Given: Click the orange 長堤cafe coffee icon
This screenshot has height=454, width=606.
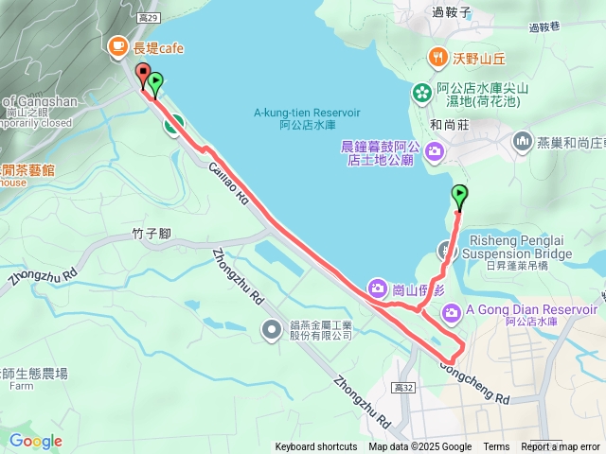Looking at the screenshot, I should tap(118, 45).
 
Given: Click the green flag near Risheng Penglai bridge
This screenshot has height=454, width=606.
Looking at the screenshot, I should tap(459, 196).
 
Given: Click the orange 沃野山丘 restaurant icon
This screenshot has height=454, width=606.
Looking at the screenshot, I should tap(437, 56).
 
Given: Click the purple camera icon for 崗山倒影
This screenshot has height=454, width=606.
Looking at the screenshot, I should tap(377, 288).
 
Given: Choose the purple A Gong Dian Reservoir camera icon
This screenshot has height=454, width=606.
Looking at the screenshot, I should tap(451, 310).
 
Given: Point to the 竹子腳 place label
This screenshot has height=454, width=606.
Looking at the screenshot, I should tap(151, 233).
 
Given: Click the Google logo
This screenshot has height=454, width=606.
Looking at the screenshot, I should tap(35, 441).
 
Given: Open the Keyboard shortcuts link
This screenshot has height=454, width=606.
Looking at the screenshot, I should tap(316, 447).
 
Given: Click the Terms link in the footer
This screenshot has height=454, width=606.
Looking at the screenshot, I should tap(496, 447).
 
